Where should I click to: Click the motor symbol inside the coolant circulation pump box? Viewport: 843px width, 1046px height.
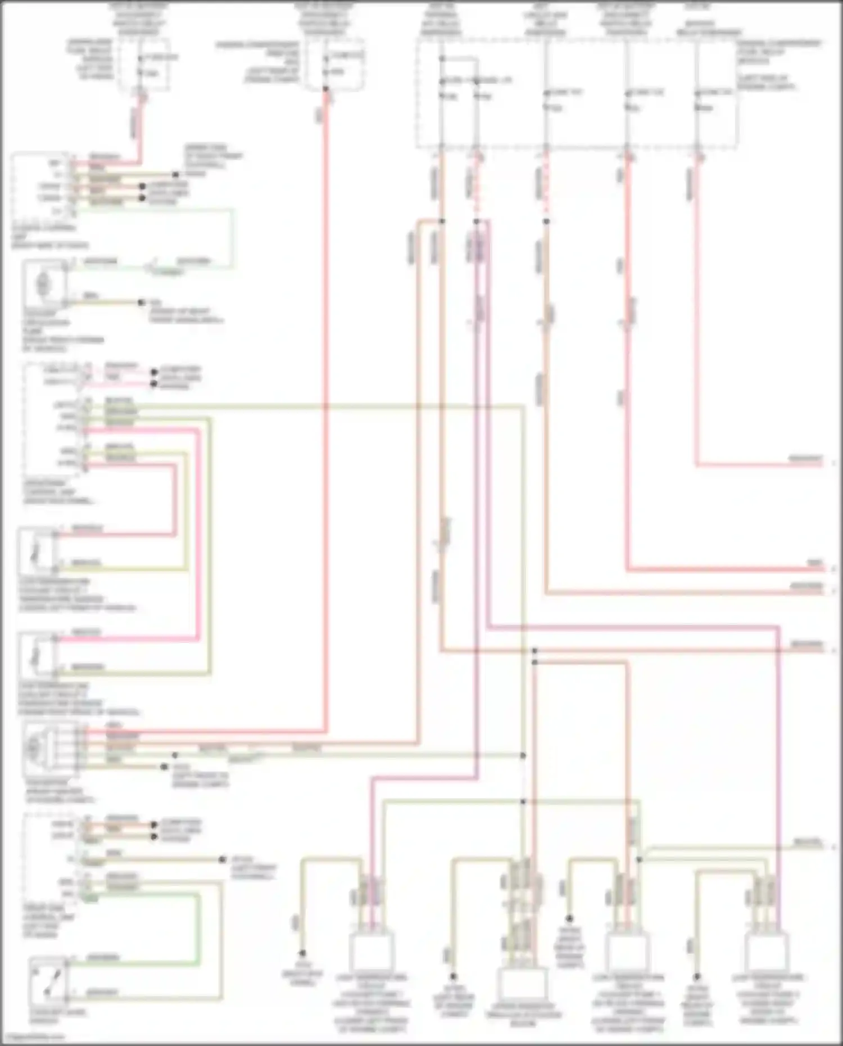pyautogui.click(x=43, y=284)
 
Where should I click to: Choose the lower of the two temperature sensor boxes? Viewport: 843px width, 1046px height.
pyautogui.click(x=37, y=654)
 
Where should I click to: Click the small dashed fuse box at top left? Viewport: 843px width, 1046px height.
pyautogui.click(x=144, y=65)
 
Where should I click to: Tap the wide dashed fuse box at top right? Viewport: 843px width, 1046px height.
pyautogui.click(x=577, y=93)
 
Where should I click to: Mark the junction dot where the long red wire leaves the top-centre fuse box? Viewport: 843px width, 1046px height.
pyautogui.click(x=325, y=89)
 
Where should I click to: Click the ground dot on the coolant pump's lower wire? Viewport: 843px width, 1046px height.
pyautogui.click(x=141, y=303)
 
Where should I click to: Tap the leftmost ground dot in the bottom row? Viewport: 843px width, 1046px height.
pyautogui.click(x=302, y=953)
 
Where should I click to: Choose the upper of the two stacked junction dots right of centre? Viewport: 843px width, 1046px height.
pyautogui.click(x=534, y=651)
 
